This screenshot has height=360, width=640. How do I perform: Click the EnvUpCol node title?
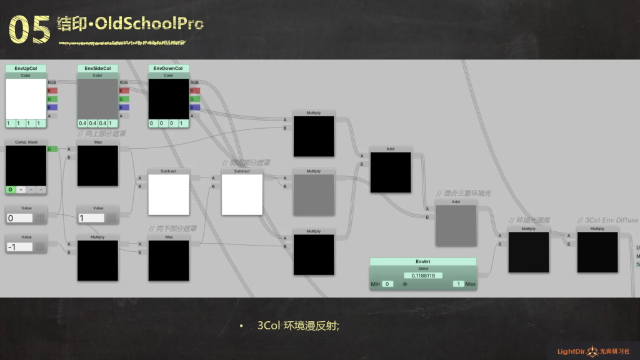click(x=26, y=68)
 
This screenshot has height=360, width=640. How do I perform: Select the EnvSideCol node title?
click(x=97, y=68)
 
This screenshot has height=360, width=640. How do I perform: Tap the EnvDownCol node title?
click(x=168, y=68)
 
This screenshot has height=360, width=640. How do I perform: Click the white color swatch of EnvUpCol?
click(x=26, y=98)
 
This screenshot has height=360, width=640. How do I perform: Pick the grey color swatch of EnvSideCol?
click(x=97, y=98)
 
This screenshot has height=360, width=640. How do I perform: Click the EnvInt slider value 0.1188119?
click(x=422, y=275)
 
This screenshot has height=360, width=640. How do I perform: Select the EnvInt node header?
click(x=422, y=262)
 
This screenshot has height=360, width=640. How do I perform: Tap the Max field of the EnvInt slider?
click(x=458, y=284)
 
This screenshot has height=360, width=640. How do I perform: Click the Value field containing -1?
click(x=19, y=247)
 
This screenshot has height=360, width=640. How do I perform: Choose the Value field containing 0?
click(x=19, y=218)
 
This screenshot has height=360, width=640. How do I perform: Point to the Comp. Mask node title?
click(x=26, y=142)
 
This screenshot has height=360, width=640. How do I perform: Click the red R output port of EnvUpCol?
click(x=52, y=91)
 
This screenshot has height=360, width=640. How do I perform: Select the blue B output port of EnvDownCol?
click(x=195, y=107)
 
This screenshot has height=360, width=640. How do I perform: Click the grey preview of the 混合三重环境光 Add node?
click(x=456, y=226)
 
